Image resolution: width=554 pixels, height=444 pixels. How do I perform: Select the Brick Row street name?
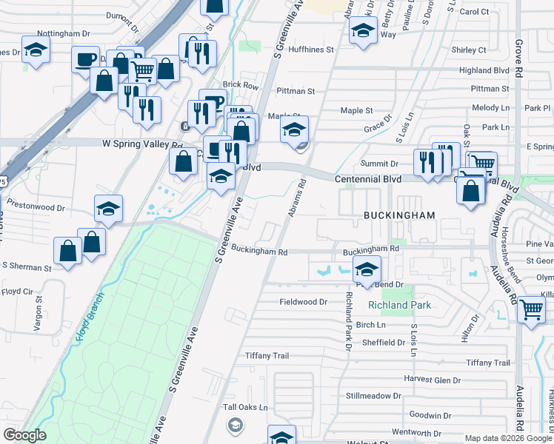(241, 86)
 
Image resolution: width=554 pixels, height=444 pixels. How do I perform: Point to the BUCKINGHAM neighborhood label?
(397, 214)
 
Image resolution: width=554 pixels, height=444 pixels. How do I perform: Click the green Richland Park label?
(399, 305)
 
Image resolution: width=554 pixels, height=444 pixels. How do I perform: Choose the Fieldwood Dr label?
(303, 302)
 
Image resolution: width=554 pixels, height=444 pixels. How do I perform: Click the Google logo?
(24, 435)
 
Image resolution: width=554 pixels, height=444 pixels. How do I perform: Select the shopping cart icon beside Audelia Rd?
(531, 311)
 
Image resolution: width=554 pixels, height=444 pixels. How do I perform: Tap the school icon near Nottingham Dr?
(35, 50)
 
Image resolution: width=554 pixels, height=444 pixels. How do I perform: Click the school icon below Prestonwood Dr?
(108, 209)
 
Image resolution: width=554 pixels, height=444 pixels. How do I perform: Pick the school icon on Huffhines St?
(363, 31)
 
